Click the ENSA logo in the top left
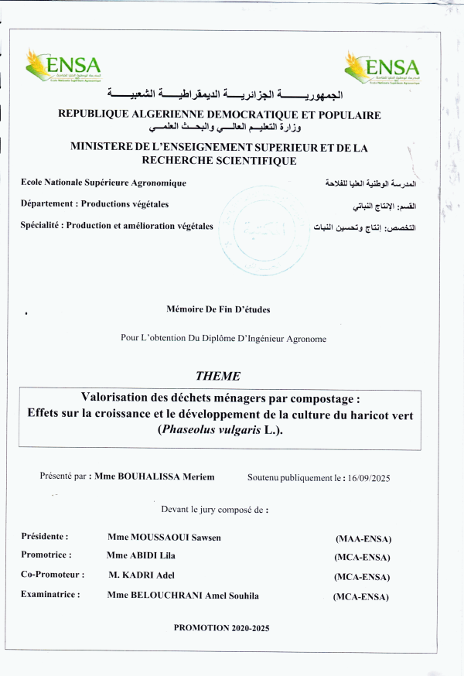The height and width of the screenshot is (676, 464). [63, 66]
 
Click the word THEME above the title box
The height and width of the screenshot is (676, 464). [218, 377]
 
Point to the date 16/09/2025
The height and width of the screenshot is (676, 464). [368, 478]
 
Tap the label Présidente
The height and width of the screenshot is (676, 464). [45, 536]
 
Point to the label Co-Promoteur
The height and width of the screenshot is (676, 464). [53, 575]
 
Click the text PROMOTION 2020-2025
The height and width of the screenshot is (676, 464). [222, 629]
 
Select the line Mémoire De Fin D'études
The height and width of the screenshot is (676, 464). [219, 309]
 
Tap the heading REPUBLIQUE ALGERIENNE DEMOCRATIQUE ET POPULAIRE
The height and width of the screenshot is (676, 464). [220, 114]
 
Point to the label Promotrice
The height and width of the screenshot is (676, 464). [46, 555]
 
